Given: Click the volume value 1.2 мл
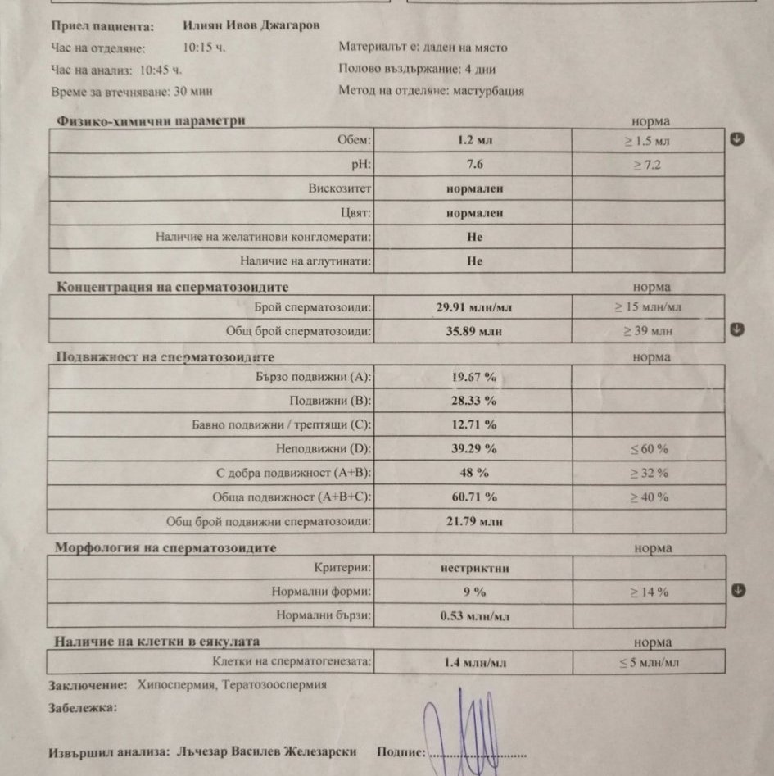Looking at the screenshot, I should point(474,140).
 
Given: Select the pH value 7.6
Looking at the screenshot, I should point(474,165).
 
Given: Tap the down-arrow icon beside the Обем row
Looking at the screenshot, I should point(737,138).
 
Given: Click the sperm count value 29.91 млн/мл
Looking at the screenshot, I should point(474,308).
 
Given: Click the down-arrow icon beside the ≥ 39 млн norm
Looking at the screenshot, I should point(737,329).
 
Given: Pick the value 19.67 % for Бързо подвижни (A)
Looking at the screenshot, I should point(474,378).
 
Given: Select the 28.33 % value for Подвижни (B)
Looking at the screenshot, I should point(474,402).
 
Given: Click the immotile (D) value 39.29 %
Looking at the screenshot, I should point(474,449).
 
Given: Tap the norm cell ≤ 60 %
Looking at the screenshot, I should point(647,449).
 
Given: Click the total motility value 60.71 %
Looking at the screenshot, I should point(474,497).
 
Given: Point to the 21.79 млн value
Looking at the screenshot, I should point(474,521).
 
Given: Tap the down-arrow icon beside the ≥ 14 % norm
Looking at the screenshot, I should point(737,590).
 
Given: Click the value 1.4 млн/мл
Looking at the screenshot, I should point(474,661).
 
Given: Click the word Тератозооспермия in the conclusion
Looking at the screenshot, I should point(276,685).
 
